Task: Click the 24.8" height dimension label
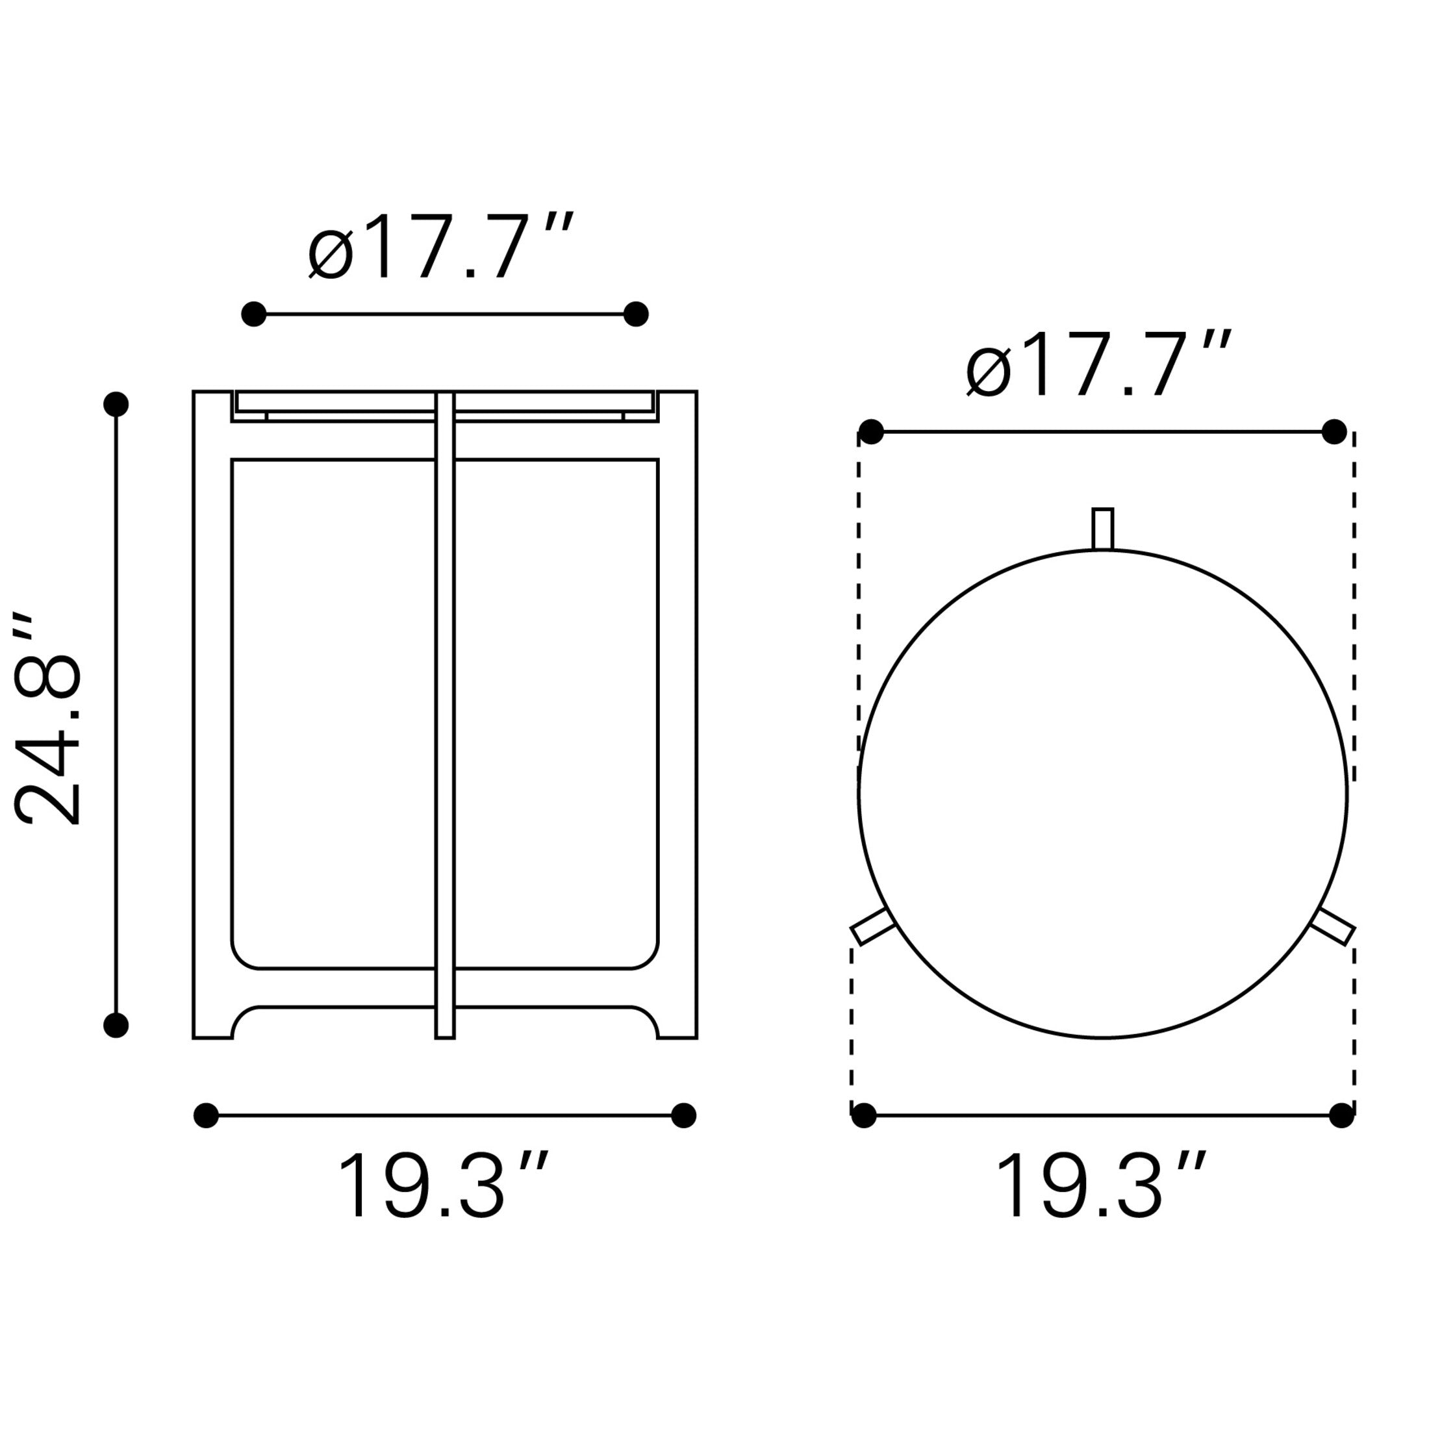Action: (47, 718)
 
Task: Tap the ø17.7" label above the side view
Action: (441, 247)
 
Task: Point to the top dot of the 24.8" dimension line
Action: (116, 405)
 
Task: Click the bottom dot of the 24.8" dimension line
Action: (116, 1025)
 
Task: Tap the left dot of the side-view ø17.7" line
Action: (254, 314)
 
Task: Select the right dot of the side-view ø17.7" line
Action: (636, 314)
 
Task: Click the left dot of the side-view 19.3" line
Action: (206, 1115)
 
